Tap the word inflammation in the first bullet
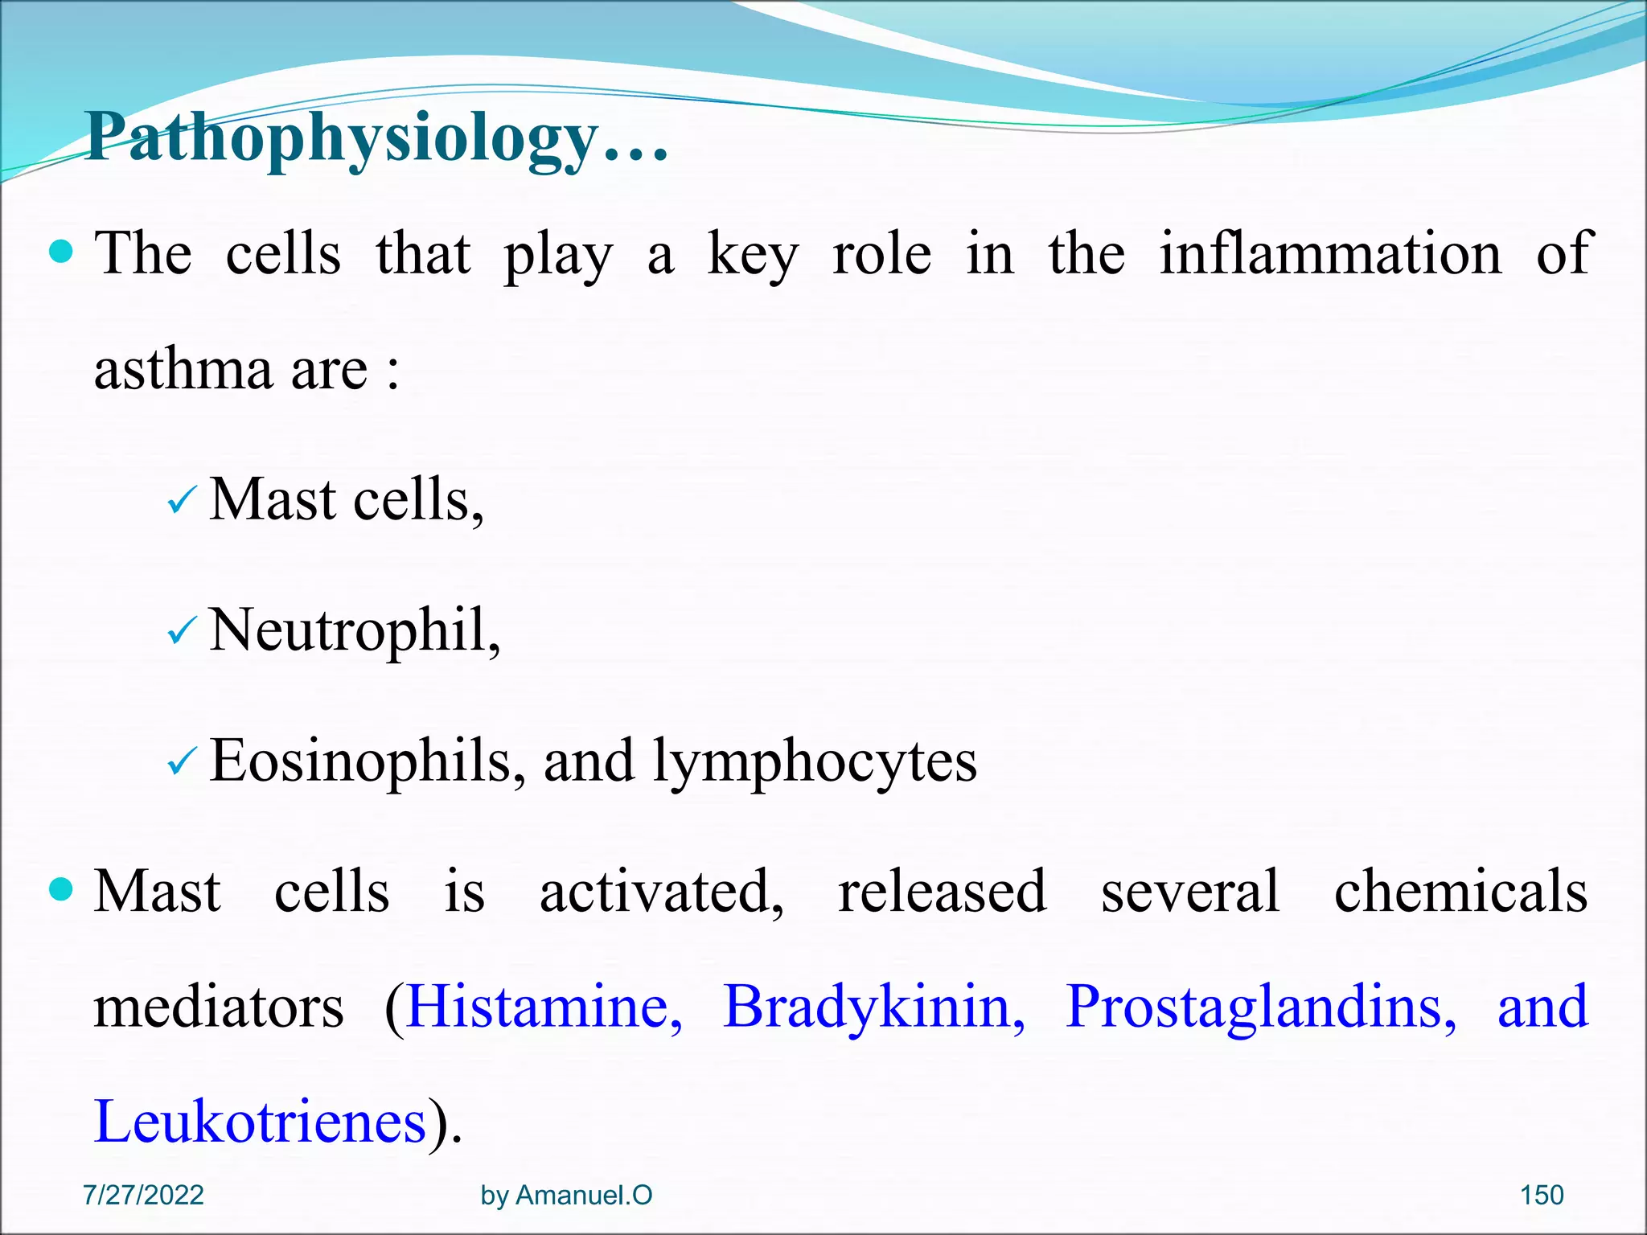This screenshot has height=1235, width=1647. click(1330, 254)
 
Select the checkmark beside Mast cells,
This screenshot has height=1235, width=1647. click(181, 503)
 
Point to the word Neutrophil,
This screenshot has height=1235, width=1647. click(355, 631)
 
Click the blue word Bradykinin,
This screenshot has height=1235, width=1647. click(873, 1007)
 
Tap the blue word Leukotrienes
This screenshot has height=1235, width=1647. click(260, 1122)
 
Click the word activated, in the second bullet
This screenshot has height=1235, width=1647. click(661, 892)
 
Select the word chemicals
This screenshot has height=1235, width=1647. click(1460, 892)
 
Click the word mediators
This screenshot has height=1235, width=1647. click(218, 1007)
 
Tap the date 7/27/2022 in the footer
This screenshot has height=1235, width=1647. click(143, 1195)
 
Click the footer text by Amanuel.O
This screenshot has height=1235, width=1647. click(566, 1195)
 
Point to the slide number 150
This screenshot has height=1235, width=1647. click(1541, 1195)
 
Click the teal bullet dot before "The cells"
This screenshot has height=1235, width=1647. click(61, 252)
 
